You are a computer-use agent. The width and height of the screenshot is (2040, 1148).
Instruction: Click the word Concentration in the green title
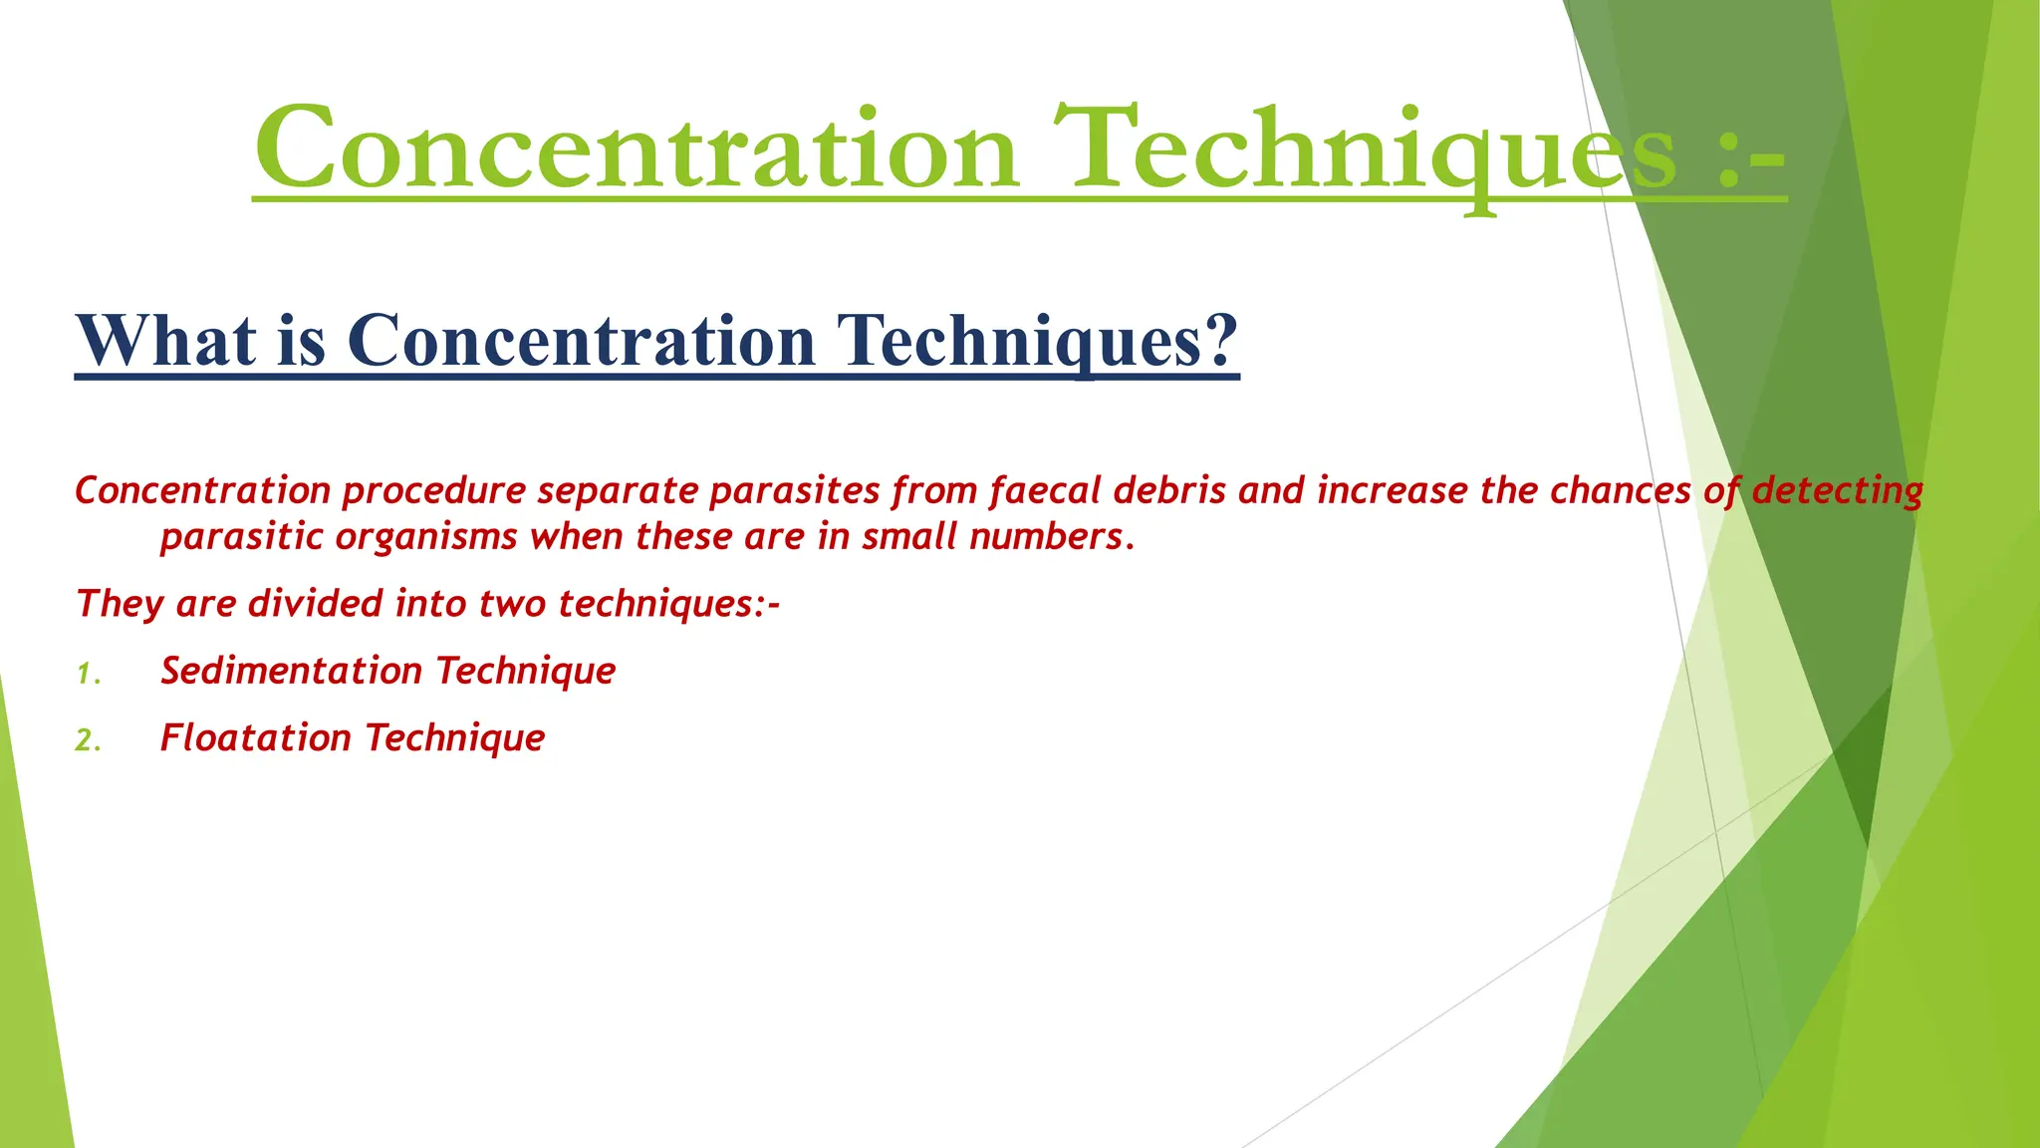[x=637, y=149]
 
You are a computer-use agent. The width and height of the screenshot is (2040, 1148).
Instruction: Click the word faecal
[x=1045, y=490]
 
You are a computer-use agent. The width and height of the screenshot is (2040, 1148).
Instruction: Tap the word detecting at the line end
[x=1838, y=490]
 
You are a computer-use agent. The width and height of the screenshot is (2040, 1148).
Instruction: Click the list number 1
[x=87, y=675]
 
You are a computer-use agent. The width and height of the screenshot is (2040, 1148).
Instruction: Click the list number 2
[x=87, y=740]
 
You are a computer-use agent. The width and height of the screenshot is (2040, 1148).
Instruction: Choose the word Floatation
[x=256, y=737]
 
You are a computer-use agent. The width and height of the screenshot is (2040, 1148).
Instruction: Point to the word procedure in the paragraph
[x=433, y=491]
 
